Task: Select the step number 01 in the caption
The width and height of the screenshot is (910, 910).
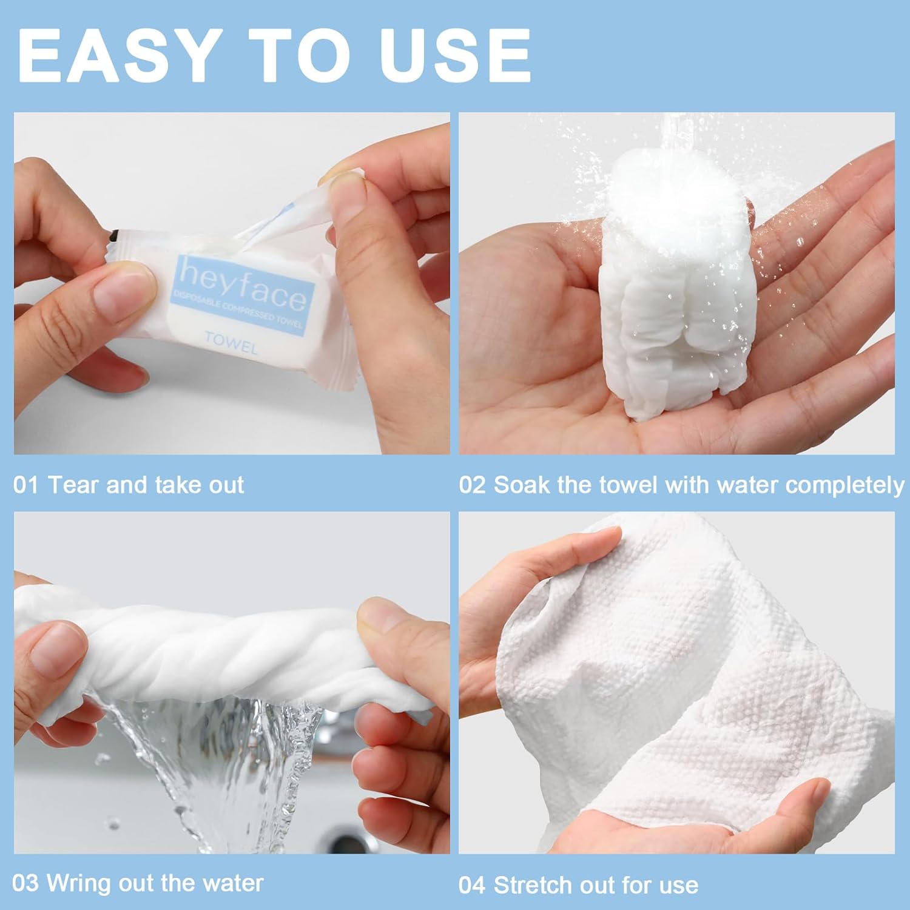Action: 25,485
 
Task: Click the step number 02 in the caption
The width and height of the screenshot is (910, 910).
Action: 472,485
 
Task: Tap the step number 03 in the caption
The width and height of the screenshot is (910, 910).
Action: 25,883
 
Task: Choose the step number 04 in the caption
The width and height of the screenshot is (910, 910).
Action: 472,885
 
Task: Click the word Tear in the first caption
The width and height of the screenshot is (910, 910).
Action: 74,485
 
